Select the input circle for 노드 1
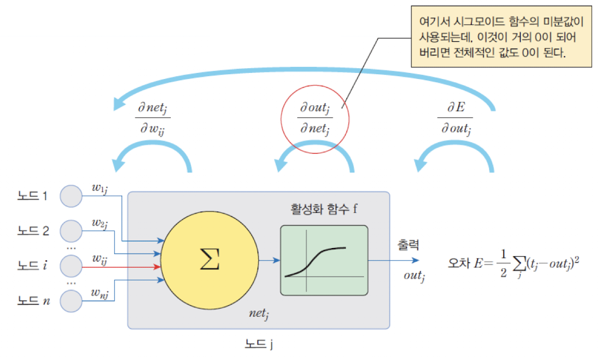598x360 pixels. click(x=72, y=196)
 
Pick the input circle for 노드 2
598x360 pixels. click(x=72, y=231)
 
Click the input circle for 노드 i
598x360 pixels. click(x=72, y=265)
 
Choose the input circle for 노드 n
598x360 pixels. click(x=72, y=300)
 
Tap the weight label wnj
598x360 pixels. click(x=100, y=294)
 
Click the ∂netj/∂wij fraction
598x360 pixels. click(x=153, y=117)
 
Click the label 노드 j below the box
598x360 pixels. click(x=259, y=344)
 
